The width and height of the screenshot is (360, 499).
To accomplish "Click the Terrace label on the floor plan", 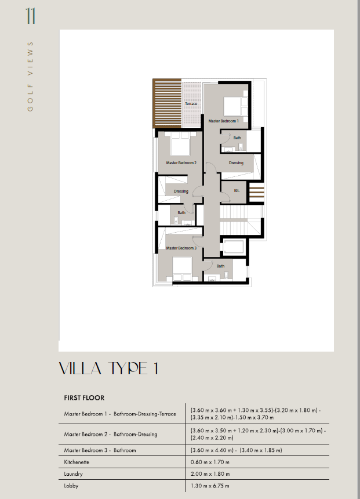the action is [191, 104].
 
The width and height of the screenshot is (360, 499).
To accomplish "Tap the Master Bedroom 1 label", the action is [223, 121].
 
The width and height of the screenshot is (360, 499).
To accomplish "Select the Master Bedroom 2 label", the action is [181, 162].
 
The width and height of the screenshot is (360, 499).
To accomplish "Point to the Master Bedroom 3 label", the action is [181, 248].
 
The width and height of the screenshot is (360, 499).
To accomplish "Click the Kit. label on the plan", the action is [237, 191].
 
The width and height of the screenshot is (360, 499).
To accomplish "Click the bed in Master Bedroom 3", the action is [182, 269].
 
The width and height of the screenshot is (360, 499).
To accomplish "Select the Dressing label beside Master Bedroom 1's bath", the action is [236, 162].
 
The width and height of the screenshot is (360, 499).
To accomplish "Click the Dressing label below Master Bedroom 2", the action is [181, 191].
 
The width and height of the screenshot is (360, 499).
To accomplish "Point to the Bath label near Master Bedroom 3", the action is [220, 266].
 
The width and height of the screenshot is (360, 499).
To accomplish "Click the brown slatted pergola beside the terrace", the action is [167, 103].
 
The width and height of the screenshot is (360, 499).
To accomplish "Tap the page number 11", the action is [31, 16].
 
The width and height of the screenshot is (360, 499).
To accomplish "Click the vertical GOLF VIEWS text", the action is [30, 77].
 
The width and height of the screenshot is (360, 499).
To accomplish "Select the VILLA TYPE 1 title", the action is [108, 368].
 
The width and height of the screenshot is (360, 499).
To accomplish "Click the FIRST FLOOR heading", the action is [84, 398].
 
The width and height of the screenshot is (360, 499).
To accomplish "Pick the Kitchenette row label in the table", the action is [77, 462].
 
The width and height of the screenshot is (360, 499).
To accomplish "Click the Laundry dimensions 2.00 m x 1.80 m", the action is [210, 474].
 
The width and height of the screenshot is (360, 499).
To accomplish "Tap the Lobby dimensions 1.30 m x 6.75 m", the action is [210, 486].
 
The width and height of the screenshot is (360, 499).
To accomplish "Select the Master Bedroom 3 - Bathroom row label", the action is [100, 450].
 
